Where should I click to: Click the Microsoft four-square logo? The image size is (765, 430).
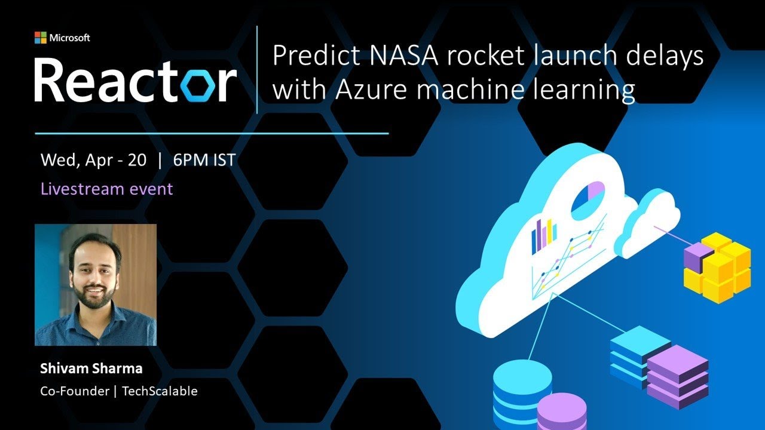coord(40,38)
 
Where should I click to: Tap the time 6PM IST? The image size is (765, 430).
coord(204,160)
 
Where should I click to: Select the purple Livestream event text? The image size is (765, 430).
coord(106,189)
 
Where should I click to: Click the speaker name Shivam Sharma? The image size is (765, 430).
coord(91,368)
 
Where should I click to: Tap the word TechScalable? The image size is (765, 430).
coord(160,392)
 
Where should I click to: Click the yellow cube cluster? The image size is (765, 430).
coord(718,266)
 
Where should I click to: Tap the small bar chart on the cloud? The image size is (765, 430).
coord(544,235)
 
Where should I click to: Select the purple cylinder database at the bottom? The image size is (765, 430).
coord(561,412)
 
